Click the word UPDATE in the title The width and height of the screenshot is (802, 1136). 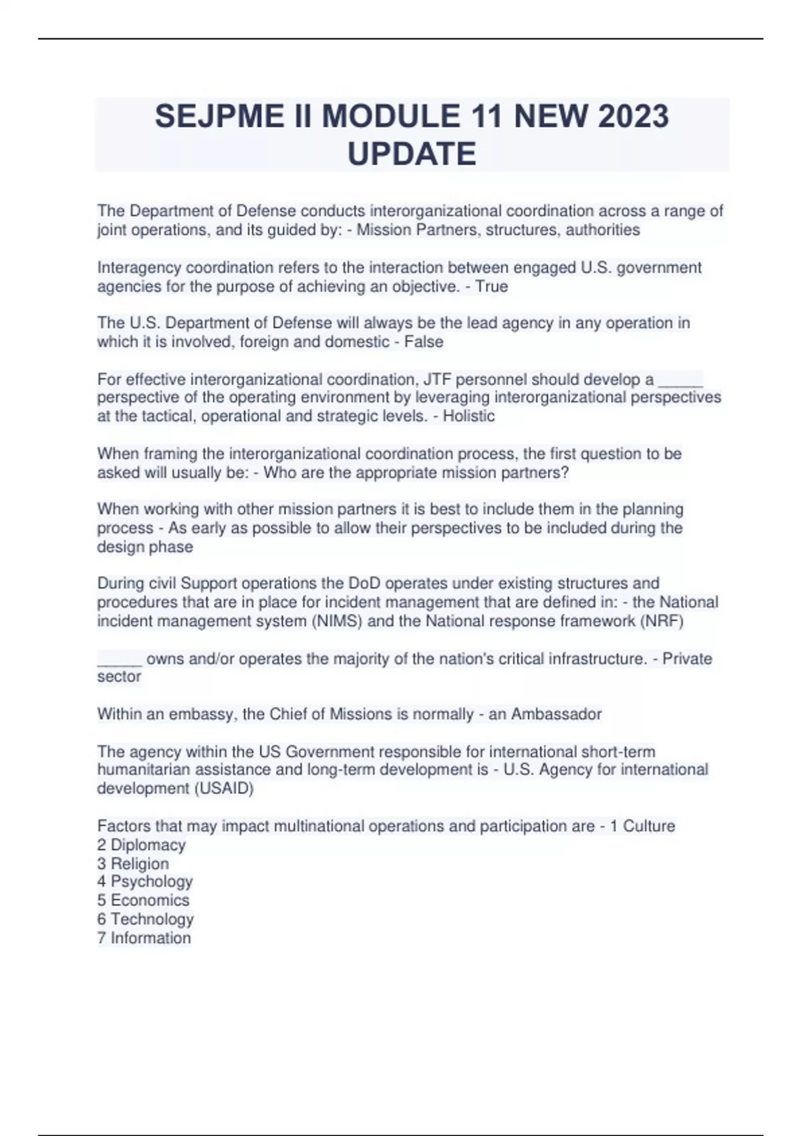pyautogui.click(x=412, y=154)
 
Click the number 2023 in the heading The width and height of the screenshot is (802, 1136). pyautogui.click(x=633, y=116)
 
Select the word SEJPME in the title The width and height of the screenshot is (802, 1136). pyautogui.click(x=219, y=116)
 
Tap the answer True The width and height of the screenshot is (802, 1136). pyautogui.click(x=491, y=287)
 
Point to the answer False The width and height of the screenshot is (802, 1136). pyautogui.click(x=424, y=342)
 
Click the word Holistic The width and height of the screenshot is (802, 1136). pyautogui.click(x=469, y=416)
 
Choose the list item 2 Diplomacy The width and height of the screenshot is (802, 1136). pyautogui.click(x=142, y=845)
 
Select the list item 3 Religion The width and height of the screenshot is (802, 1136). pyautogui.click(x=133, y=863)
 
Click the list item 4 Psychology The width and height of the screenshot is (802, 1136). pyautogui.click(x=145, y=881)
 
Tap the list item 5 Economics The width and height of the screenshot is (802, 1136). pyautogui.click(x=143, y=900)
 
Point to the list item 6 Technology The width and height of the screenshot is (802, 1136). pyautogui.click(x=145, y=919)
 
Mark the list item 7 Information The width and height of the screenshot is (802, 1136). pyautogui.click(x=144, y=938)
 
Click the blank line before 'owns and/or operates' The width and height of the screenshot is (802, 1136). pyautogui.click(x=120, y=660)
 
